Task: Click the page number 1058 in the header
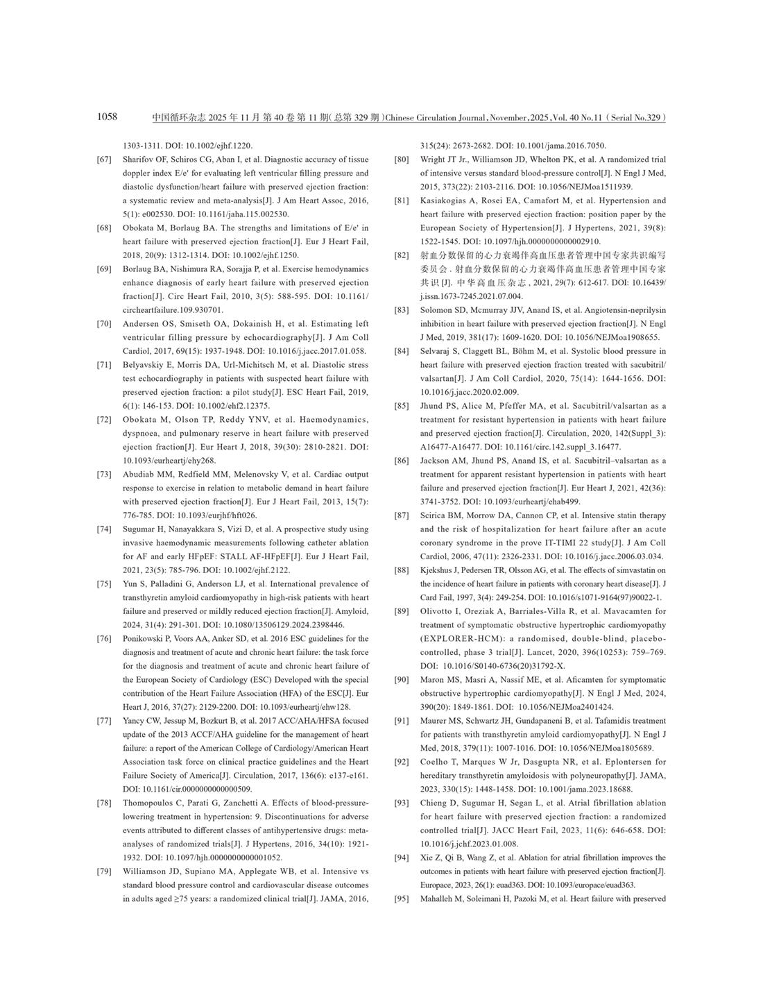(x=107, y=117)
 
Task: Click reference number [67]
(x=104, y=160)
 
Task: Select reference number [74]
(x=104, y=529)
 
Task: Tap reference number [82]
(x=401, y=255)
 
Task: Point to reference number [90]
(x=401, y=680)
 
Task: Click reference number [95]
(x=401, y=899)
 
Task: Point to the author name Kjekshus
(x=439, y=570)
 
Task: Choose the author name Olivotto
(x=438, y=611)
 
